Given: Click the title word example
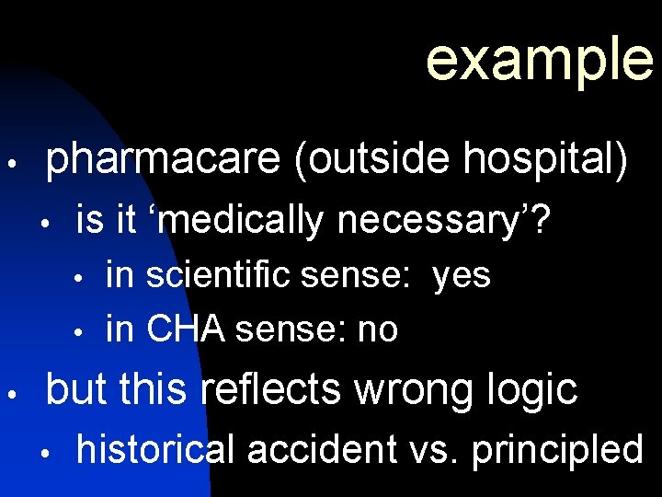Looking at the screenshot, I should [540, 57].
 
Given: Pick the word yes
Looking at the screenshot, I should [461, 275].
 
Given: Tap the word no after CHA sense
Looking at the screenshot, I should [377, 329].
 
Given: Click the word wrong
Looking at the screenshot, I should [417, 389].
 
